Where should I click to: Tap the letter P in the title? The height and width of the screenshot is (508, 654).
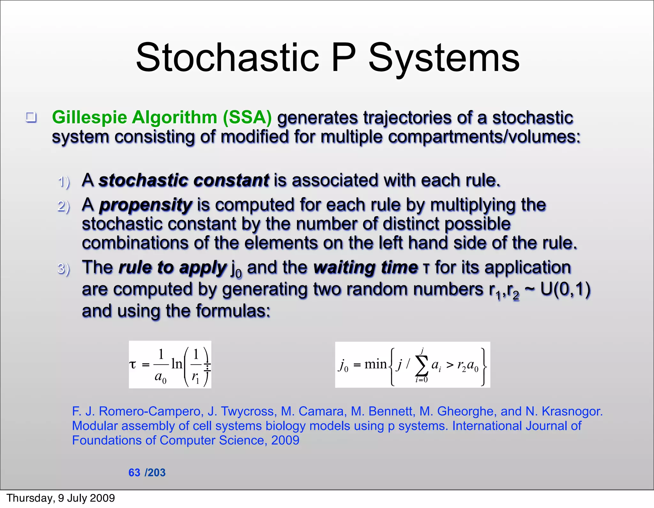coord(344,58)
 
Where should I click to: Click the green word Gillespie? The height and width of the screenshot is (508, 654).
coord(89,118)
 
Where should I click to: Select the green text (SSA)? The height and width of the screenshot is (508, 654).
coord(247,117)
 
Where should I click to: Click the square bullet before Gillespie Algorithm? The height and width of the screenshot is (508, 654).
coord(31,117)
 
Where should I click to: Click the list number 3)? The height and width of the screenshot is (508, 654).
coord(64,269)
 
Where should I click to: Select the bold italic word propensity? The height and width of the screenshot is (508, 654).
coord(146,205)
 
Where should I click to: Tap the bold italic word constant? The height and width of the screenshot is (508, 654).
coord(231,180)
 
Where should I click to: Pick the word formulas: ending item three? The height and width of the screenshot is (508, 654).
coord(233,311)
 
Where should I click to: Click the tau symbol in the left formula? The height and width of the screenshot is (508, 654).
coord(133,364)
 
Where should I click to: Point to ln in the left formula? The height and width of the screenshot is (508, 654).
coord(177,364)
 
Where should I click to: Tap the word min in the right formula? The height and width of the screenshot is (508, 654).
coord(375,364)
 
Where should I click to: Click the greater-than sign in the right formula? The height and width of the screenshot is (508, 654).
coord(450,365)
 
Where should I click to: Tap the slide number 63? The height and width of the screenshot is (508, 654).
coord(134,473)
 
